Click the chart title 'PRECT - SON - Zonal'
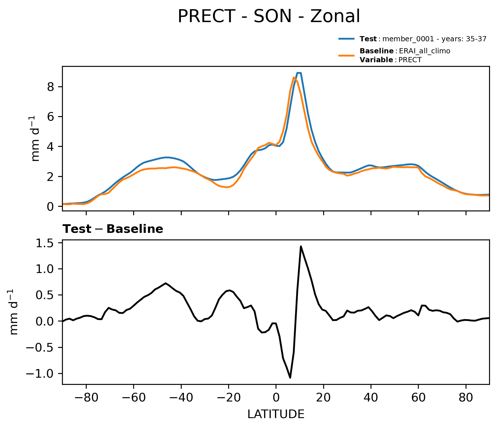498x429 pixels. (x=269, y=16)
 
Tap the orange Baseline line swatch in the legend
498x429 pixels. (x=347, y=55)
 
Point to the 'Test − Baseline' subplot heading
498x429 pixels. (x=113, y=229)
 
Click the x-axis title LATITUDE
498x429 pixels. (x=276, y=414)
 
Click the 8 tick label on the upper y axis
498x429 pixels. (x=51, y=87)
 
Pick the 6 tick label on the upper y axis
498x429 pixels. (x=51, y=117)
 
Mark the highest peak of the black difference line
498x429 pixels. (x=301, y=246)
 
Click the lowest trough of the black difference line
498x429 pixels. (x=290, y=377)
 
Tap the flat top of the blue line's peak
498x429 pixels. (x=299, y=73)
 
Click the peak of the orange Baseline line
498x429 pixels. (x=294, y=77)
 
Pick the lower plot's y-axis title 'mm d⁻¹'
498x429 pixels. (x=13, y=312)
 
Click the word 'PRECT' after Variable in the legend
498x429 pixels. (x=410, y=60)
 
